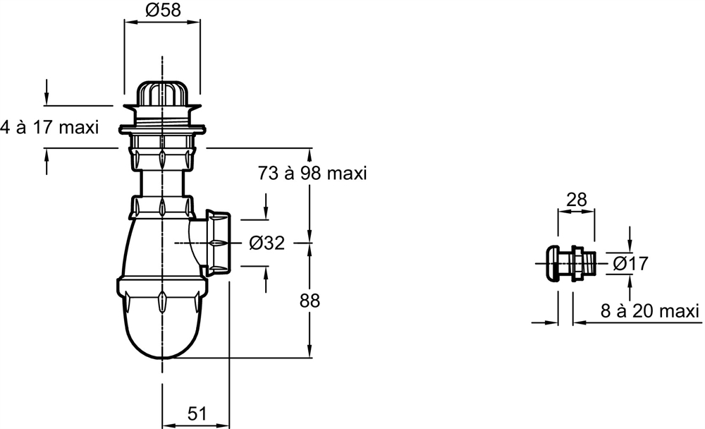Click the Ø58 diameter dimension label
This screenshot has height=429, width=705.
(162, 10)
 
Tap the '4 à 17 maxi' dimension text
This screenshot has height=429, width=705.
(49, 128)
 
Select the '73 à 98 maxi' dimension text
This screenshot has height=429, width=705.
(312, 173)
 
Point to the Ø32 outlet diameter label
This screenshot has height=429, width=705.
(267, 243)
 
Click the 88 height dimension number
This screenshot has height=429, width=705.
(309, 301)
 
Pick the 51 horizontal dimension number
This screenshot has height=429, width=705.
(197, 413)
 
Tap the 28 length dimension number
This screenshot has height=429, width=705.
(577, 200)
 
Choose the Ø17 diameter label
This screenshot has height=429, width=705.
(630, 263)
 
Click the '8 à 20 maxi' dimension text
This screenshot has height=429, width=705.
(650, 310)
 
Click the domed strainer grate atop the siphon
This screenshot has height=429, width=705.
(162, 93)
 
